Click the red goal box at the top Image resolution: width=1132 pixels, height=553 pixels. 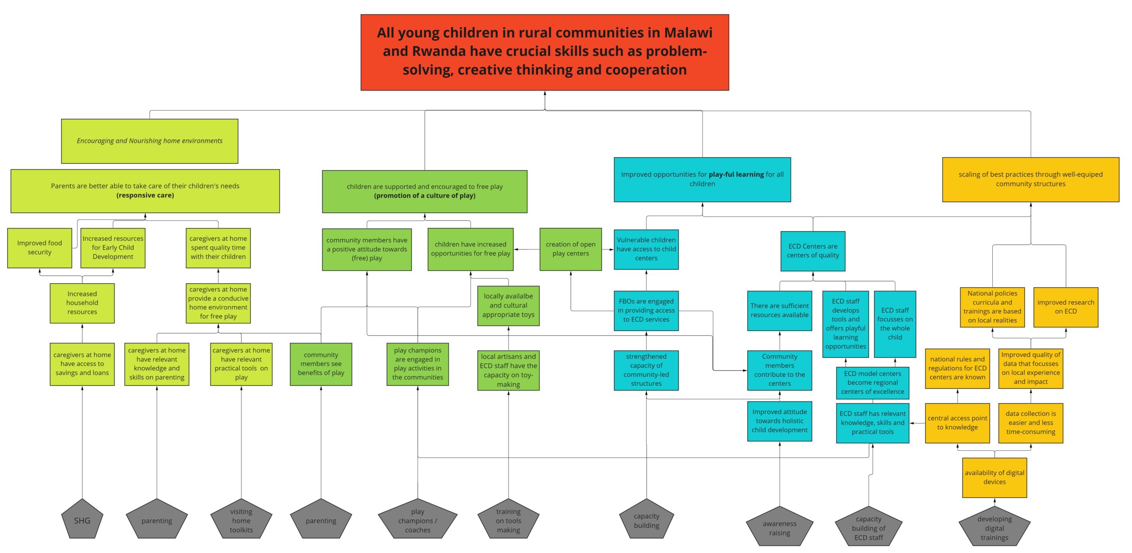coord(544,52)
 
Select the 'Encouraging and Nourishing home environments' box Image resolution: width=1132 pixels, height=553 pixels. coord(149,141)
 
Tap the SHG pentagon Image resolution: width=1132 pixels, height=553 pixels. coord(82,521)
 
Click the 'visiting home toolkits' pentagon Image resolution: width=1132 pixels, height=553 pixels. coord(241,521)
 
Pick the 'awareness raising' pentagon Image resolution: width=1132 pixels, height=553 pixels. coord(779,528)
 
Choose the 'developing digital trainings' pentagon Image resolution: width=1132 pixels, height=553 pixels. coord(994,528)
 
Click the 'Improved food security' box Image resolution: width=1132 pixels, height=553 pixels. coord(39,248)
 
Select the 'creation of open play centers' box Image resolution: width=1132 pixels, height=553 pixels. coord(570,249)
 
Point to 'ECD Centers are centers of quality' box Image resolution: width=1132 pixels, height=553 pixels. coord(813,251)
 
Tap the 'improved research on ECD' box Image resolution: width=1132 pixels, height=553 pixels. coord(1065,307)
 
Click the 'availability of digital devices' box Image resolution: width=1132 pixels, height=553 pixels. coord(994,477)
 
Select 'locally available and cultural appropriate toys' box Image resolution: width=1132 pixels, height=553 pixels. coord(508,306)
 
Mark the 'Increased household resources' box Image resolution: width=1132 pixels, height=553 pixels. coord(82,303)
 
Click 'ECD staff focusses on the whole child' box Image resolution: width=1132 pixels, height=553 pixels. coord(895,324)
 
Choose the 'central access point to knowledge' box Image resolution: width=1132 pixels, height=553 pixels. coord(957,423)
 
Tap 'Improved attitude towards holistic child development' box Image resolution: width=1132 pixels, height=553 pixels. coord(779,421)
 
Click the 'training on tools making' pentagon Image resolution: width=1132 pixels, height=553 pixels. coord(508,521)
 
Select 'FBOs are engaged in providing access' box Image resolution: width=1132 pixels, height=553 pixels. coord(646,311)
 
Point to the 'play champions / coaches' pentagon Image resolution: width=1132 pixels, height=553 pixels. coord(417,521)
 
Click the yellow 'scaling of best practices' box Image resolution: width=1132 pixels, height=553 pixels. coord(1030,179)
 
